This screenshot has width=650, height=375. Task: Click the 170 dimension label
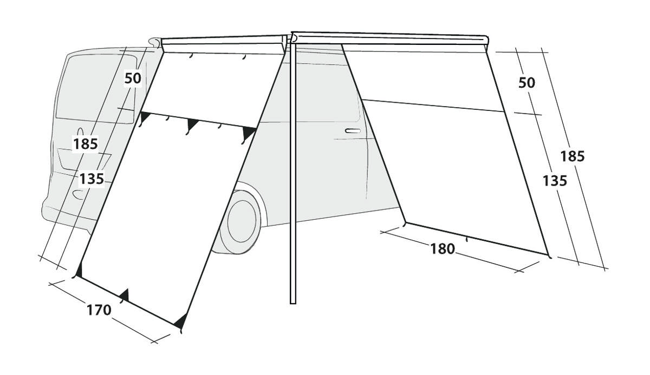(x=99, y=311)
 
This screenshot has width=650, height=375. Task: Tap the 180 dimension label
(x=442, y=249)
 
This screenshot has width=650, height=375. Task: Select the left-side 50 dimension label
(x=133, y=78)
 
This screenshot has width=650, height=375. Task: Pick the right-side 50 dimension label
(x=526, y=83)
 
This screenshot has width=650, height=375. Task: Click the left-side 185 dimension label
(x=86, y=144)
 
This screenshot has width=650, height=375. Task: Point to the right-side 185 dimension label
(x=572, y=156)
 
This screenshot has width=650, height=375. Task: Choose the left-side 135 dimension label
(x=92, y=179)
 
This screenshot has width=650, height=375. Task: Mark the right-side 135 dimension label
(x=555, y=181)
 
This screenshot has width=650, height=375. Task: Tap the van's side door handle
(x=353, y=131)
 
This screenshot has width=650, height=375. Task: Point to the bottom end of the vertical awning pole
(x=293, y=303)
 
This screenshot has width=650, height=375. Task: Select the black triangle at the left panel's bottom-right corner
(x=181, y=321)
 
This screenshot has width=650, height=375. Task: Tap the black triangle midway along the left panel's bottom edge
(x=125, y=295)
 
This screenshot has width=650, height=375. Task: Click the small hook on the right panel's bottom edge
(x=466, y=239)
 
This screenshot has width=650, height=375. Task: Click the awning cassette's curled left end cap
(x=155, y=42)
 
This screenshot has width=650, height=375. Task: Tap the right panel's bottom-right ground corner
(x=549, y=256)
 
